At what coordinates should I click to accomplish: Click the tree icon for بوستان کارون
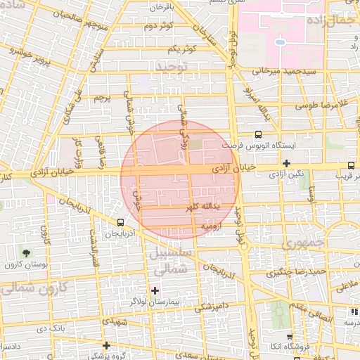click(26, 252)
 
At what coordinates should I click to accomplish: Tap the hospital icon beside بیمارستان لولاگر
click(155, 290)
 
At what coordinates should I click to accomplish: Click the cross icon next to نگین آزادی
click(286, 164)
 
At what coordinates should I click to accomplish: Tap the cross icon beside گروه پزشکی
click(106, 345)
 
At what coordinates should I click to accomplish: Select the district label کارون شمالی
click(32, 288)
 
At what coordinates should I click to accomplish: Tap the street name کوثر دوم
click(159, 26)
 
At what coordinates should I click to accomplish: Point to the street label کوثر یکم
click(181, 48)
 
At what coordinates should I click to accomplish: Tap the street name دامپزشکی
click(211, 307)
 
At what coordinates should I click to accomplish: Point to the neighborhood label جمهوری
click(301, 244)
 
